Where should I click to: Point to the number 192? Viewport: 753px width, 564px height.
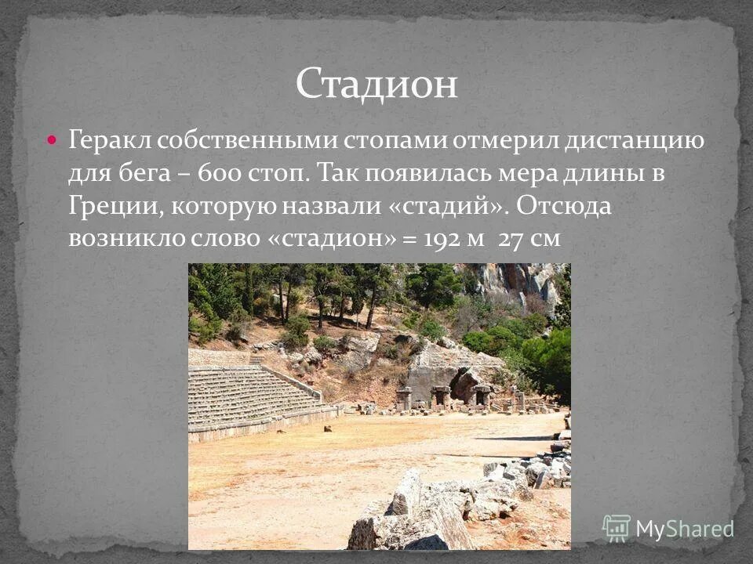[443, 239]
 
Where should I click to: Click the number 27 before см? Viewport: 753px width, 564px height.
[511, 239]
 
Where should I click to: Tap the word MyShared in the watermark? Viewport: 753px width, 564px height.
[684, 529]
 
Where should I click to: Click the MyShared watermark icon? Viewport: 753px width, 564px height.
[617, 528]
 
